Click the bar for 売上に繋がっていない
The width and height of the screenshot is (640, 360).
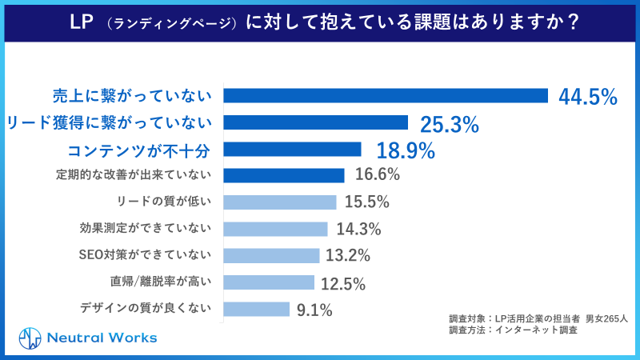click(385, 96)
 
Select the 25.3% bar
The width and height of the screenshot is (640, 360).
click(316, 122)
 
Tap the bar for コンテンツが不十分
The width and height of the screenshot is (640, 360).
click(292, 149)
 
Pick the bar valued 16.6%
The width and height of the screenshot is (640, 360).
click(283, 175)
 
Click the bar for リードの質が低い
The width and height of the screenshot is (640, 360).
click(279, 202)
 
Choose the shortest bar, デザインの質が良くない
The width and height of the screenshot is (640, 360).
click(256, 309)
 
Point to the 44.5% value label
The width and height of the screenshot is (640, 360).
click(587, 97)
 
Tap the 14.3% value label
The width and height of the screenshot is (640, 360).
click(358, 229)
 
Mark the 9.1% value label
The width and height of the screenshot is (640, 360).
click(314, 310)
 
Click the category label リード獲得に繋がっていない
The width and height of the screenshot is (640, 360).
click(109, 122)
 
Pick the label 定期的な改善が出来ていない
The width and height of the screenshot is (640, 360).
click(134, 174)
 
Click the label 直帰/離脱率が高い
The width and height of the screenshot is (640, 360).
click(161, 282)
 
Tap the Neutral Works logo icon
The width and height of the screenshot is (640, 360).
click(30, 338)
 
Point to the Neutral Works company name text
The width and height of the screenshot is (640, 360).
click(101, 338)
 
